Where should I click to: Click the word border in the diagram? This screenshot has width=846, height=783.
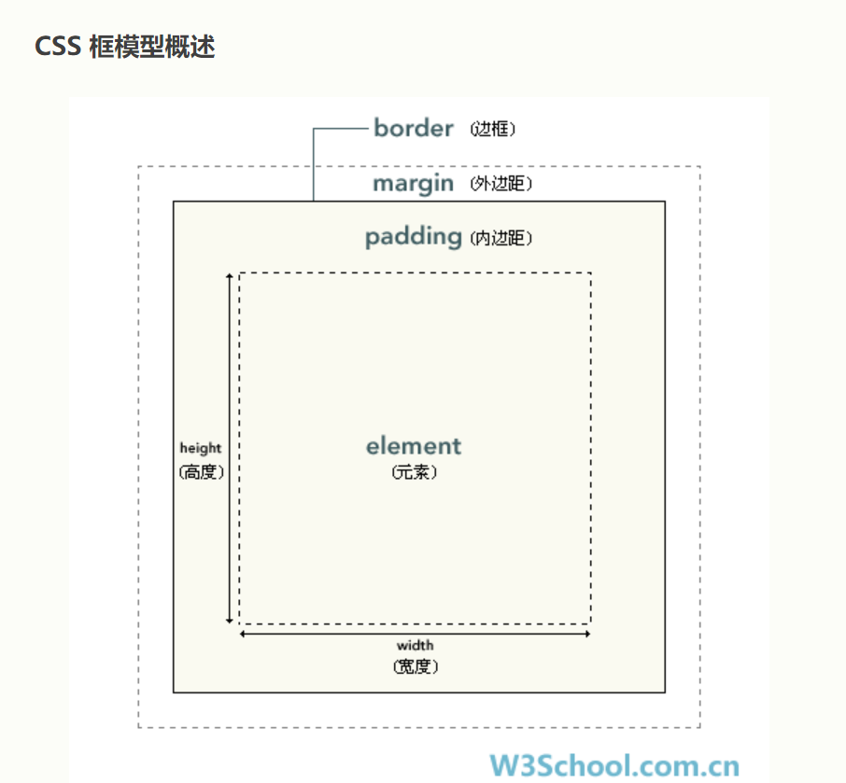(414, 128)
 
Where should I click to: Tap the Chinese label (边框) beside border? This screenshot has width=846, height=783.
(493, 130)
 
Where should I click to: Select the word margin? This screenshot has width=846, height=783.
(413, 184)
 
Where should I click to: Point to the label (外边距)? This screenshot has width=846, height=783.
(501, 185)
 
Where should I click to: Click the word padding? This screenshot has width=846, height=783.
(413, 237)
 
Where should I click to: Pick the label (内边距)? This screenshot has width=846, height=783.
(501, 239)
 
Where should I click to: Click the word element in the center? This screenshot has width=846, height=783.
(414, 446)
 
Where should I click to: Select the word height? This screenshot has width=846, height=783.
(201, 449)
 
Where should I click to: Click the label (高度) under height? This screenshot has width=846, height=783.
(202, 472)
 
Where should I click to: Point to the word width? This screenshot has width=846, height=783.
(415, 645)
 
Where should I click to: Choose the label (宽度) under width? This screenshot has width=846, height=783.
(416, 667)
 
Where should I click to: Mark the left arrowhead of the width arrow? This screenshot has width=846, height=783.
(244, 634)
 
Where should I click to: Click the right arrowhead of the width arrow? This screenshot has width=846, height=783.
(587, 634)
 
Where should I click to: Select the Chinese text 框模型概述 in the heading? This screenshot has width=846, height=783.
(152, 47)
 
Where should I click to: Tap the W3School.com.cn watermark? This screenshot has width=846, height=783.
(614, 766)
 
